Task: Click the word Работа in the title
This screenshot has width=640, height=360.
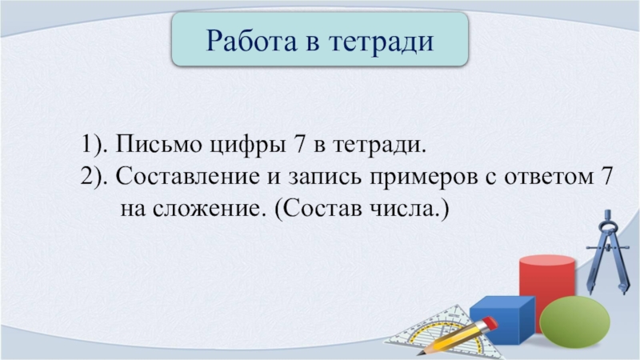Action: click(x=251, y=41)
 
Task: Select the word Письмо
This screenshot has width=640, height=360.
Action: click(x=158, y=144)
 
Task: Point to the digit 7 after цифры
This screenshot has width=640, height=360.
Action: click(x=299, y=144)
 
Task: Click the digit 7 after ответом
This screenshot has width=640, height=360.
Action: click(x=607, y=176)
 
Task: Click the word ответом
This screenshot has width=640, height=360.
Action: click(x=549, y=177)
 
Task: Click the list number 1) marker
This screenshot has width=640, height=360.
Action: click(x=94, y=145)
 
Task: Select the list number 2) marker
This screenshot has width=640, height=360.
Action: click(x=94, y=177)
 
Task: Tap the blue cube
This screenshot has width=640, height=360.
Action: click(x=503, y=318)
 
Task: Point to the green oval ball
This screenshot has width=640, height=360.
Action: click(x=574, y=322)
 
